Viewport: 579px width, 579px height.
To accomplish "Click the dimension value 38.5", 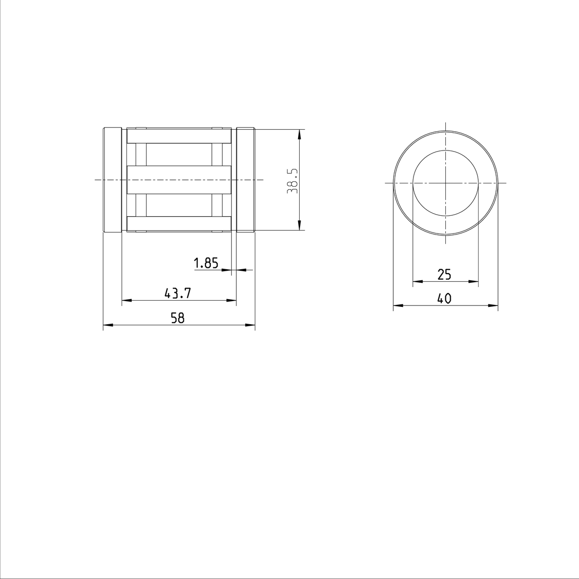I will click(x=292, y=181).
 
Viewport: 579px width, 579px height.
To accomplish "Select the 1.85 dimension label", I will click(x=206, y=263).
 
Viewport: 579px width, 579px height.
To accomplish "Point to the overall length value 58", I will click(x=178, y=318).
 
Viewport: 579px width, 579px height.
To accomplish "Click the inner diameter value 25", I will click(x=444, y=275).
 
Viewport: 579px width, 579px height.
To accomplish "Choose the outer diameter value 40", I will click(x=444, y=299).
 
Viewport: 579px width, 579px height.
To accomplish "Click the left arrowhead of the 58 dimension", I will click(x=108, y=326).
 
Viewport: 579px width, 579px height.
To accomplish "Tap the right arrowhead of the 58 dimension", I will click(x=250, y=326).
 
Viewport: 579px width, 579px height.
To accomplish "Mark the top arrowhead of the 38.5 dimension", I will click(x=300, y=134).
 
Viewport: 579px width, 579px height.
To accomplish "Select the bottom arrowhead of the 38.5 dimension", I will click(x=300, y=226).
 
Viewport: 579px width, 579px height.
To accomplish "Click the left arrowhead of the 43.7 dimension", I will click(x=126, y=301).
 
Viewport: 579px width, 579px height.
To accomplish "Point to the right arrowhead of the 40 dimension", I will click(x=494, y=305).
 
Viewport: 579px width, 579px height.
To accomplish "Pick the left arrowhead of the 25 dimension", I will click(x=418, y=281).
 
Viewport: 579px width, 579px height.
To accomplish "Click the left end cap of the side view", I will click(x=112, y=180).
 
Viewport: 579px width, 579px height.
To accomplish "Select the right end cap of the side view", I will click(x=246, y=180).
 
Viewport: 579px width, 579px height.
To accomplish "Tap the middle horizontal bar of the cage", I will click(x=179, y=180).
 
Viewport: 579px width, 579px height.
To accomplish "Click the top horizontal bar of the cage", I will click(x=179, y=136).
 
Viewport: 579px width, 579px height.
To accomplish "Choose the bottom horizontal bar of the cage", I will click(x=179, y=223).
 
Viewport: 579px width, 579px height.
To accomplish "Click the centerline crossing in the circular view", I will click(x=446, y=183).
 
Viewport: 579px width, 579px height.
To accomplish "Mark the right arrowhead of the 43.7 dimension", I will click(x=232, y=301).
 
